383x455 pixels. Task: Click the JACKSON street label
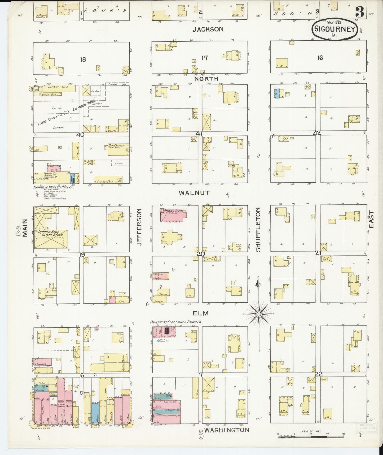208,29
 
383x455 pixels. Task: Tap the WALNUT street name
194,193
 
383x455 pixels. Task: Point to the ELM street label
201,313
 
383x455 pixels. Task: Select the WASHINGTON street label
227,430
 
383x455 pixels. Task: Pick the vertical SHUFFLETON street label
258,230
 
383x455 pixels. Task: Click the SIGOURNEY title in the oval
334,29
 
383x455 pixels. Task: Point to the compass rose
259,314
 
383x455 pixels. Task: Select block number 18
83,59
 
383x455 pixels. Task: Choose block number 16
320,58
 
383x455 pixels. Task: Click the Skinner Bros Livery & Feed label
50,233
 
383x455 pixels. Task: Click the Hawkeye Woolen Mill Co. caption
50,187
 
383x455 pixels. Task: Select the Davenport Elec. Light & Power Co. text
176,322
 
